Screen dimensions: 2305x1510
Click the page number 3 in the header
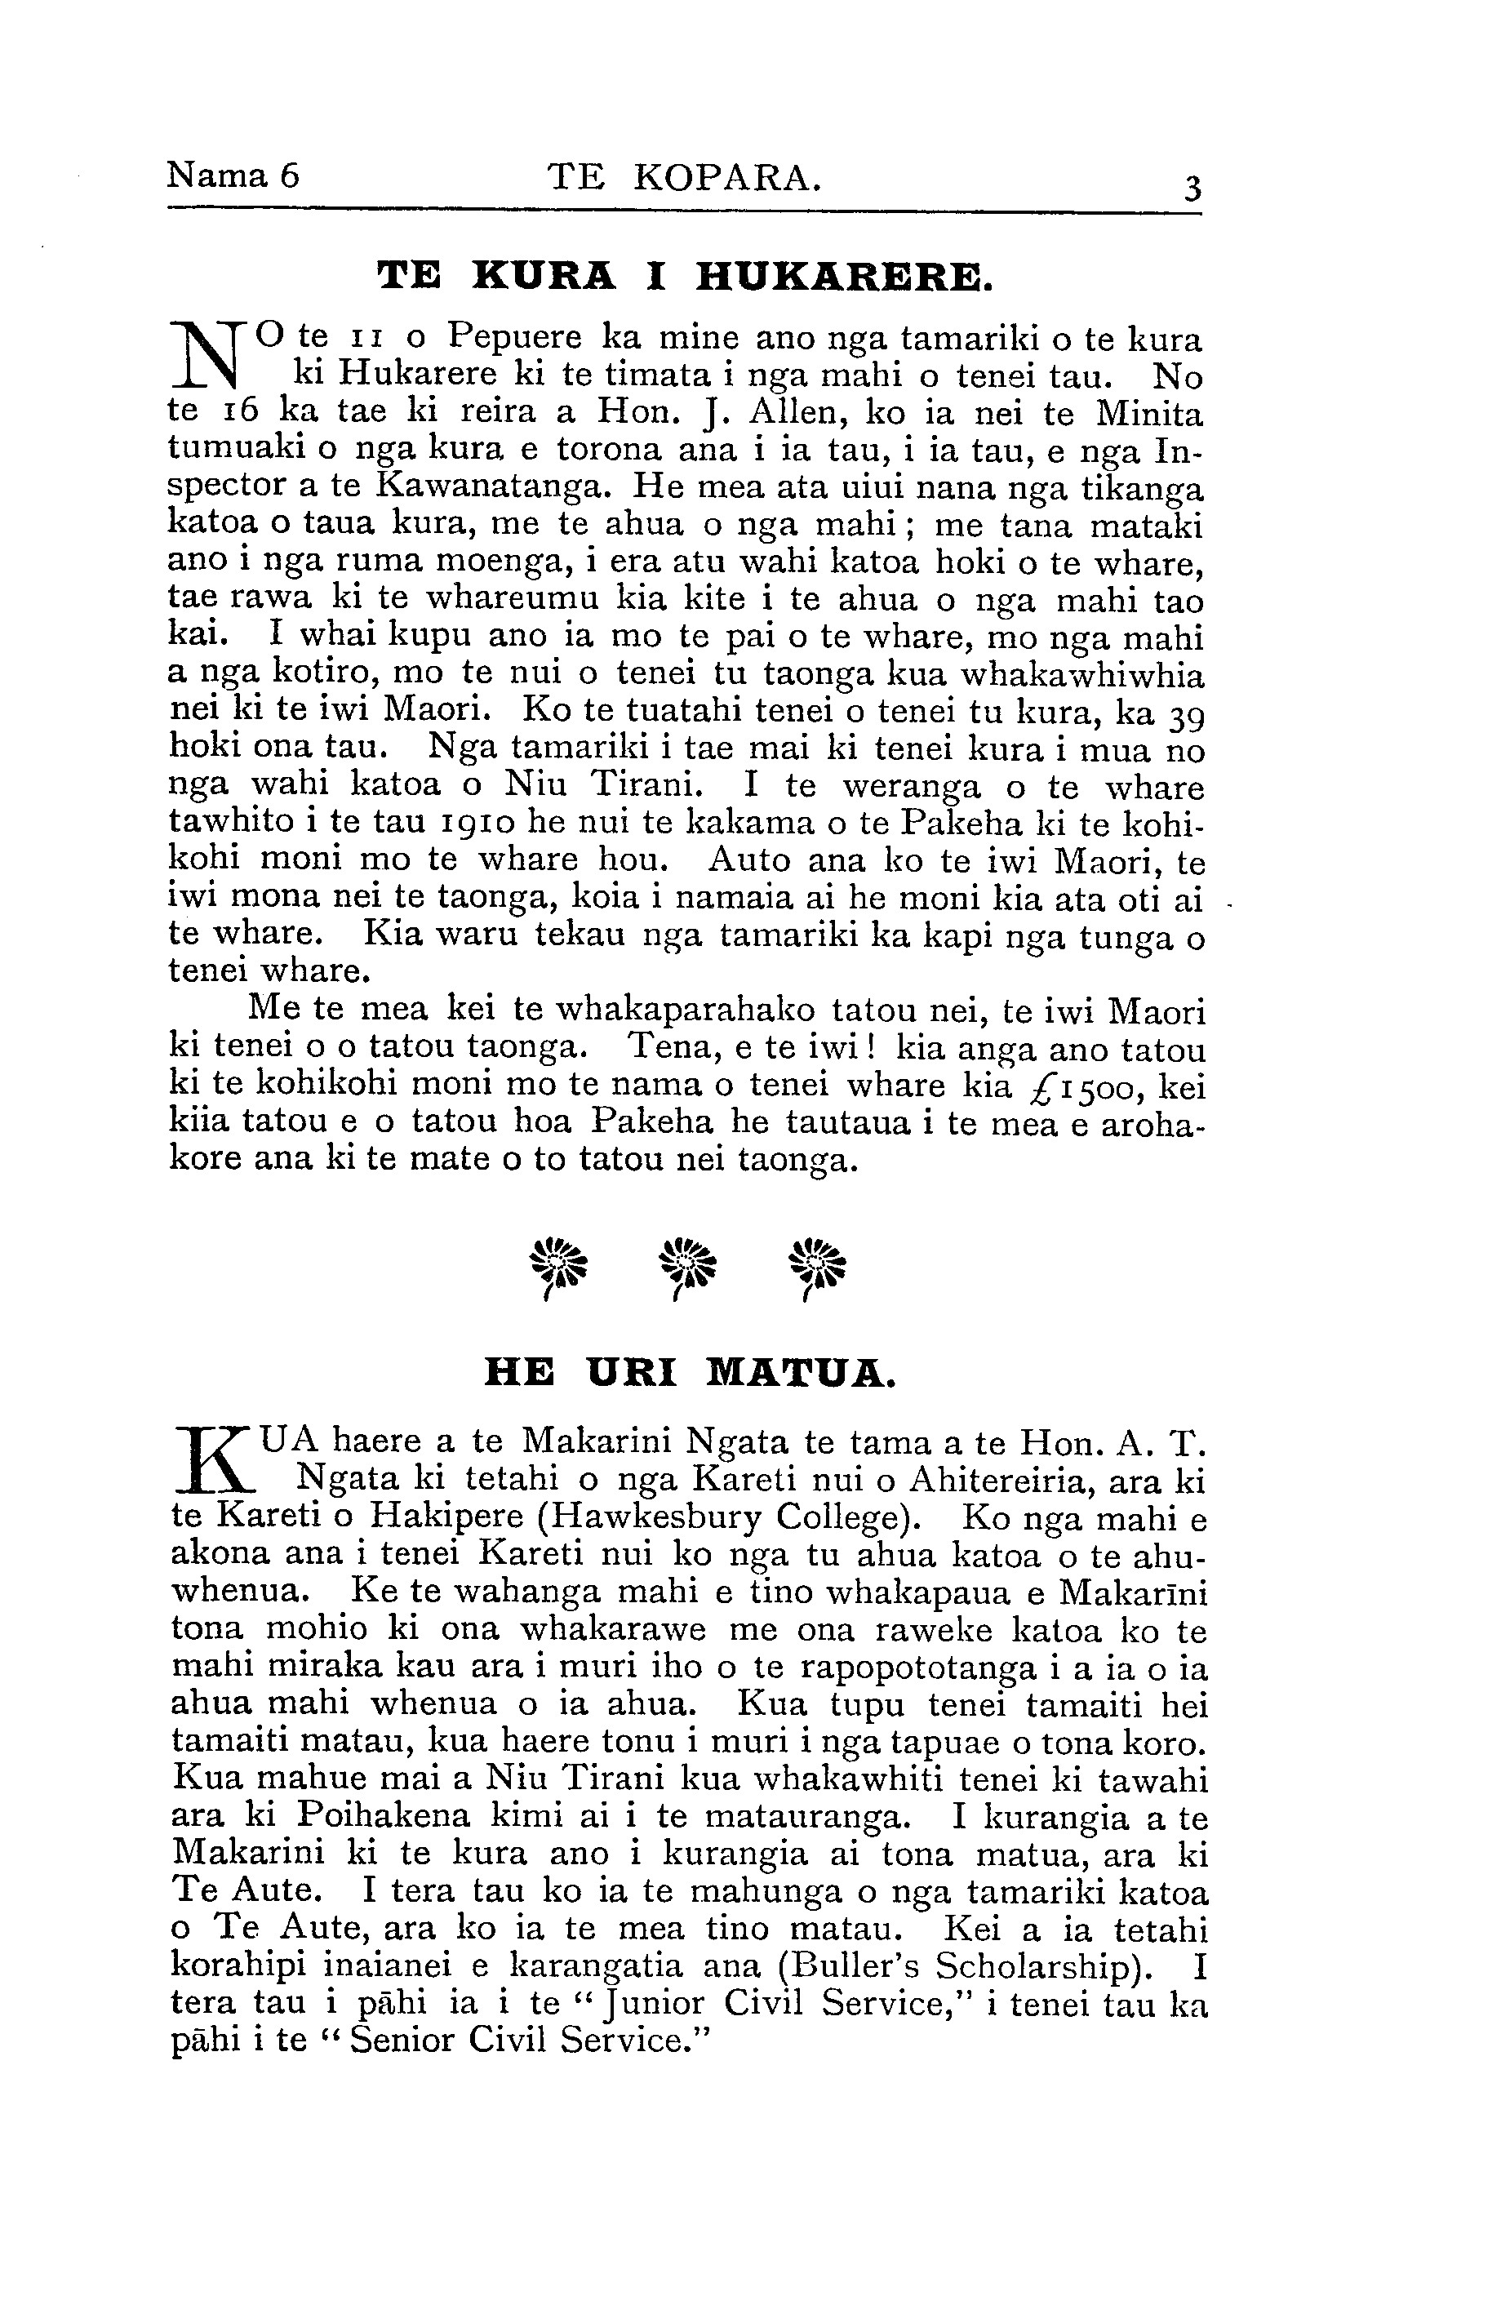tap(1192, 188)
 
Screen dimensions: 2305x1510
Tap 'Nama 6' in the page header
tap(233, 175)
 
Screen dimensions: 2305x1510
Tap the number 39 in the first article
tap(1184, 717)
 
